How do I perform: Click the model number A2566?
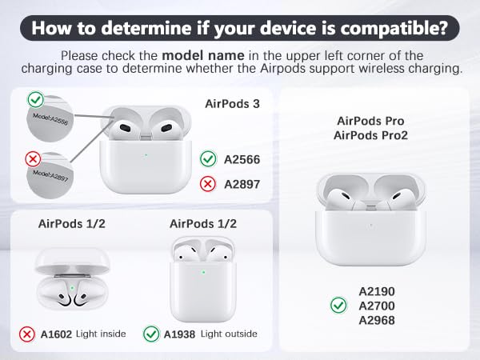click(x=242, y=160)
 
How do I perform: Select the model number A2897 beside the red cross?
click(x=242, y=184)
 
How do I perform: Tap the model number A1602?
click(x=55, y=333)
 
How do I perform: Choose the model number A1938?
click(x=180, y=333)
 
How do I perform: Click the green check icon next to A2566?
click(x=208, y=159)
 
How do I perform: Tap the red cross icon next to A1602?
click(x=26, y=333)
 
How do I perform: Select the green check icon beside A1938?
click(x=151, y=333)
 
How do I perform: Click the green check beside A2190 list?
click(x=338, y=306)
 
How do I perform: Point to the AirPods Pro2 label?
click(x=370, y=135)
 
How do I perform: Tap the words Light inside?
click(x=101, y=333)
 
